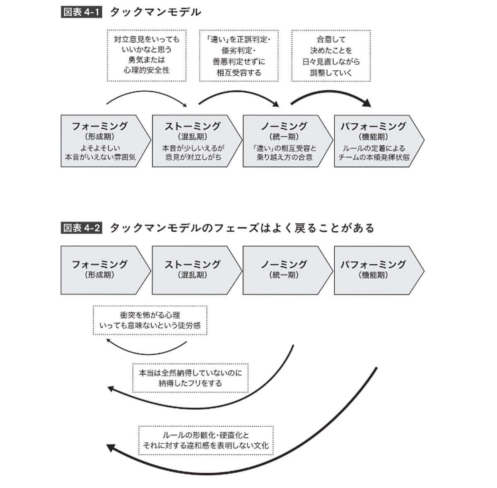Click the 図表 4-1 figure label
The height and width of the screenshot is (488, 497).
pyautogui.click(x=81, y=12)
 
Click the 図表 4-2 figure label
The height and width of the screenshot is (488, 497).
pyautogui.click(x=81, y=228)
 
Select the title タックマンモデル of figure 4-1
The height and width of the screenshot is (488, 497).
pyautogui.click(x=155, y=12)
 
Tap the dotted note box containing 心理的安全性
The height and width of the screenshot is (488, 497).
pyautogui.click(x=147, y=55)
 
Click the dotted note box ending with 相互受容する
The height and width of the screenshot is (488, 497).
pyautogui.click(x=239, y=55)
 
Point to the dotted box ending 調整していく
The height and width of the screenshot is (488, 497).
pyautogui.click(x=331, y=55)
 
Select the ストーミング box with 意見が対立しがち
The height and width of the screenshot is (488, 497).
pyautogui.click(x=194, y=141)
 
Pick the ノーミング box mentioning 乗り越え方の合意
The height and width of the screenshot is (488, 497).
pyautogui.click(x=285, y=141)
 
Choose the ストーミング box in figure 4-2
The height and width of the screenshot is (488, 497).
pyautogui.click(x=194, y=270)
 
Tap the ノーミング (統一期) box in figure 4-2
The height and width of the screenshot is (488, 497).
pyautogui.click(x=285, y=270)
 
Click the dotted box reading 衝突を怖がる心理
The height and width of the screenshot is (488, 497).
pyautogui.click(x=150, y=320)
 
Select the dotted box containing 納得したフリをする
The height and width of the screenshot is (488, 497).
pyautogui.click(x=190, y=378)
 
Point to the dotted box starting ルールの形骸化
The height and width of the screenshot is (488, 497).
pyautogui.click(x=206, y=440)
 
